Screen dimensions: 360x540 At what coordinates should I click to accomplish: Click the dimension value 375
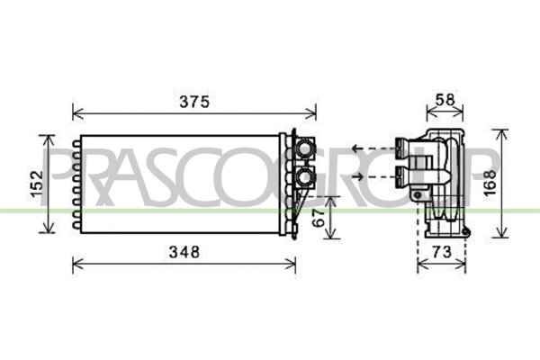point(193,102)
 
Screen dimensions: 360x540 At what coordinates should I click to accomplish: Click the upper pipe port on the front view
point(304,146)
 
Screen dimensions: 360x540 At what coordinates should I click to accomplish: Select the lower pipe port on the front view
point(304,177)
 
